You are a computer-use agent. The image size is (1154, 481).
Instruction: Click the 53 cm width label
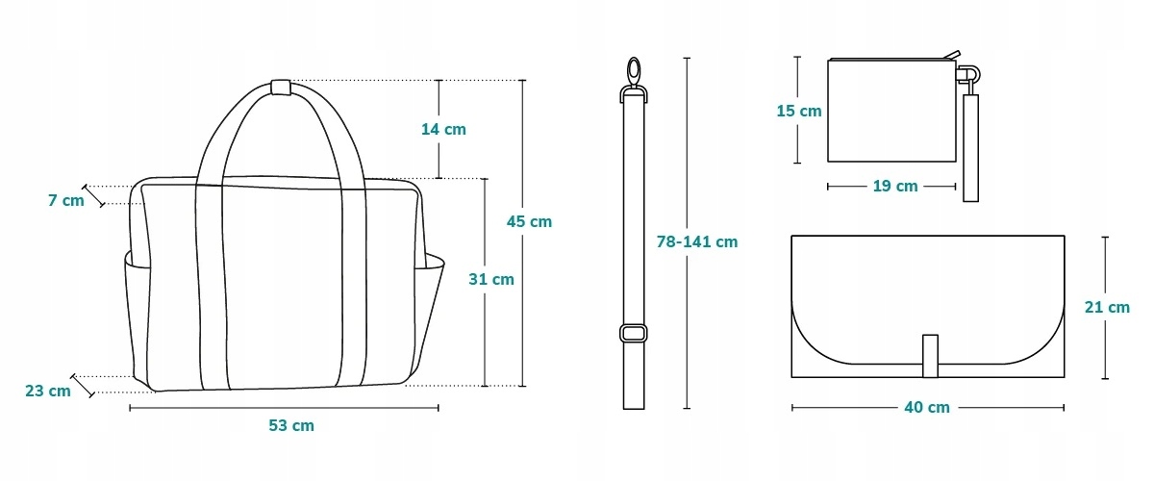(x=291, y=425)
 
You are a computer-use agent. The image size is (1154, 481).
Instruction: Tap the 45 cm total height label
(x=529, y=221)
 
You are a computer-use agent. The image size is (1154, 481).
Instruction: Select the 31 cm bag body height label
(x=491, y=279)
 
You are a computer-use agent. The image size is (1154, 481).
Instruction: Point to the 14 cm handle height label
(x=443, y=130)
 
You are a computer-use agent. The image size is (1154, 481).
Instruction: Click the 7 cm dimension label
(x=66, y=200)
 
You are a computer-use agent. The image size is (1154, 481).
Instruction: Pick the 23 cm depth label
(x=48, y=391)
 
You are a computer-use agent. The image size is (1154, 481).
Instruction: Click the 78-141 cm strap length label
(x=697, y=241)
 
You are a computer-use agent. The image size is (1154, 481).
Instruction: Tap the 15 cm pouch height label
(x=799, y=111)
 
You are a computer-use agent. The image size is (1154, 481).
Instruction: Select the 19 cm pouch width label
(x=895, y=186)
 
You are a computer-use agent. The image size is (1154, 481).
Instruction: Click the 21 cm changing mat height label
(x=1107, y=307)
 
